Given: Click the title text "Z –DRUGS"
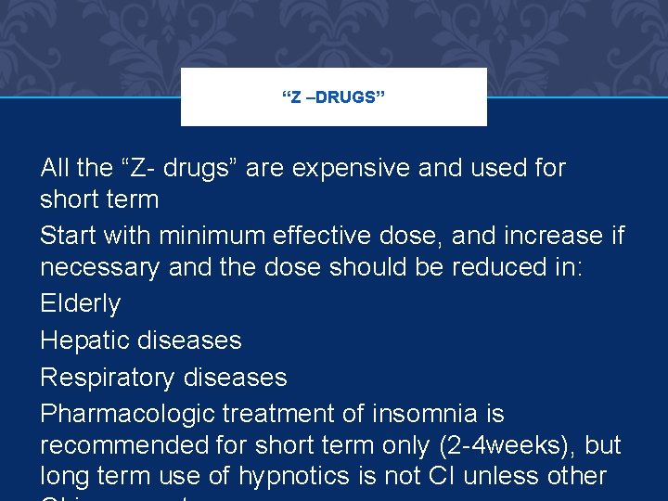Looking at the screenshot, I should (x=333, y=96).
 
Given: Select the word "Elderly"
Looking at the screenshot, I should (x=80, y=303).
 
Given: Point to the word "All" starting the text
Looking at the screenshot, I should (x=55, y=168).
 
